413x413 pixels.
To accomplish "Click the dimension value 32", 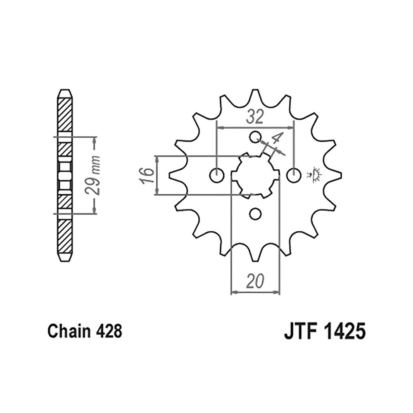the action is (255, 117).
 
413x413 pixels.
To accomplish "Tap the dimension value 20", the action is (255, 281).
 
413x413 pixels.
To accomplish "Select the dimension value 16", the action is (147, 176).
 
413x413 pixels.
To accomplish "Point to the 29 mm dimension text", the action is (93, 176).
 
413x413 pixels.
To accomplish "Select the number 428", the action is (109, 331).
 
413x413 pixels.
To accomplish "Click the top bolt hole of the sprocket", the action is (255, 137).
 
